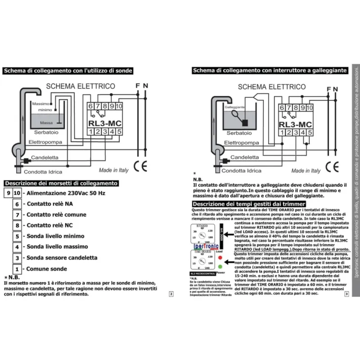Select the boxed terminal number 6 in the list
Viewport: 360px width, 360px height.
coord(16,203)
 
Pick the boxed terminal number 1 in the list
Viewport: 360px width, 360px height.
coord(16,269)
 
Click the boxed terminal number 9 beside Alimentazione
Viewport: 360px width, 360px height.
coord(8,193)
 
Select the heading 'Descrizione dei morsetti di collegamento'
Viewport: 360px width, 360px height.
coord(61,183)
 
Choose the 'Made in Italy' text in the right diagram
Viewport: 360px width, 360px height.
coord(306,171)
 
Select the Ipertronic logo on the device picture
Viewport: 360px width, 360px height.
coord(206,246)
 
